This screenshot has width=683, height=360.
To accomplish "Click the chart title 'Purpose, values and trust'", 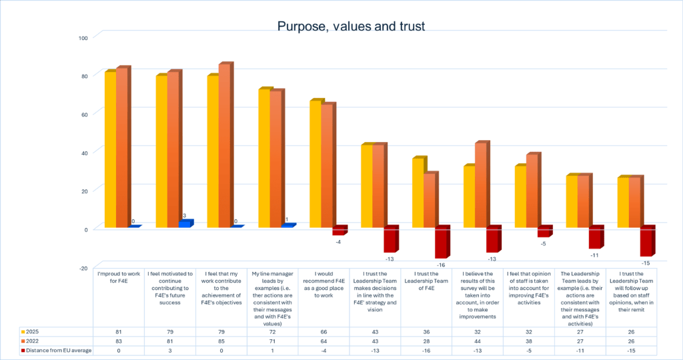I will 351,26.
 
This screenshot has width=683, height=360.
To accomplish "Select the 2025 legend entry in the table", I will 33,331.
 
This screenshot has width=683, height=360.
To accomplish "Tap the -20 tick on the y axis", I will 83,268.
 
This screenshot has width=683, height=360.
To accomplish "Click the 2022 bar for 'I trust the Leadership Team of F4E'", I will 430,201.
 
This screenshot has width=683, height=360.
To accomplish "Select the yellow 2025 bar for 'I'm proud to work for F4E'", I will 110,149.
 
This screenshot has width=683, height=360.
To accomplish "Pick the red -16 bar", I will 442,243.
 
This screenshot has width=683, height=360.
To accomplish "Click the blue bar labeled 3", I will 185,224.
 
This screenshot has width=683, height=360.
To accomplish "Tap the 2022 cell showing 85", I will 221,340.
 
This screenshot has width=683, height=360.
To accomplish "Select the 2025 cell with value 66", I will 323,331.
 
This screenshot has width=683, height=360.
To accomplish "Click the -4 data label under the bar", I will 338,241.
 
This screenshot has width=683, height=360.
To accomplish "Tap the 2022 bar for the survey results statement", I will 481,186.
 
